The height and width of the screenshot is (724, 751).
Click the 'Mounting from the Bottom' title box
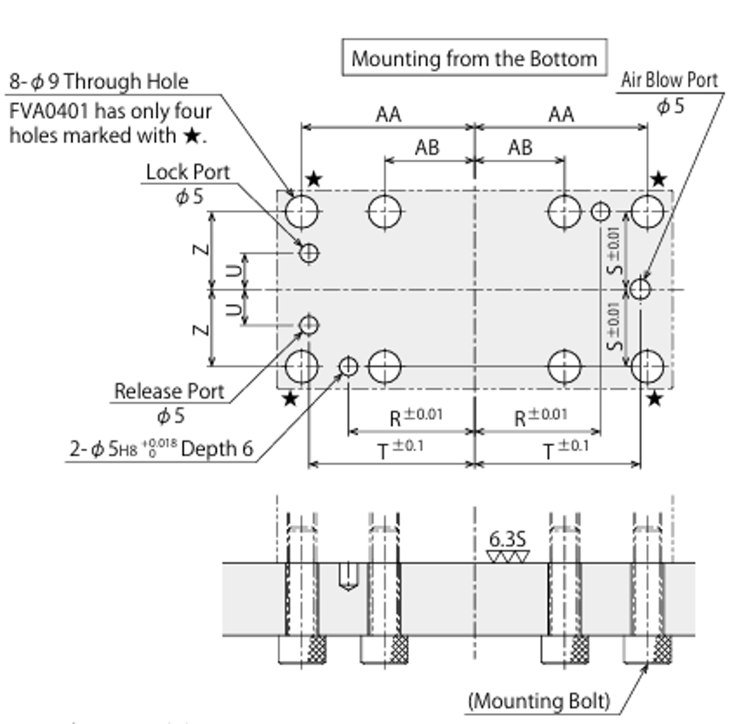(474, 58)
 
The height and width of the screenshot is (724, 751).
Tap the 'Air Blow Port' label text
(669, 80)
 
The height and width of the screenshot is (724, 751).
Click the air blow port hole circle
(640, 289)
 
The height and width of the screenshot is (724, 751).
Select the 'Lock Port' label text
(187, 172)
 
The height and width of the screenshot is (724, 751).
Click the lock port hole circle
(309, 252)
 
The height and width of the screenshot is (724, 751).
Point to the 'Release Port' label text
(169, 391)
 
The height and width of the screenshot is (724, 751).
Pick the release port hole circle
(309, 325)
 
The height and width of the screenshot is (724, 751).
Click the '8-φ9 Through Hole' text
(99, 81)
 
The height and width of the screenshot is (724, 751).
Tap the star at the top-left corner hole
(314, 179)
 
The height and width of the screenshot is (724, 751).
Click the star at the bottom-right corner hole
(654, 399)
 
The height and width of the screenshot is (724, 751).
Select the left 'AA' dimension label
(388, 114)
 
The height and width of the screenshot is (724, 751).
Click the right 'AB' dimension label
(520, 148)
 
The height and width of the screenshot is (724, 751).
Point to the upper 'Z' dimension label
(202, 249)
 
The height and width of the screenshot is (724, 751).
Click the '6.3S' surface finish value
(507, 539)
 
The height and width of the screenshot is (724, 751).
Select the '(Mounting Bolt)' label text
(539, 701)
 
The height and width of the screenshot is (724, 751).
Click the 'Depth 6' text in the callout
(217, 449)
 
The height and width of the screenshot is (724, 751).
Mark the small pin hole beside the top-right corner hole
(600, 211)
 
